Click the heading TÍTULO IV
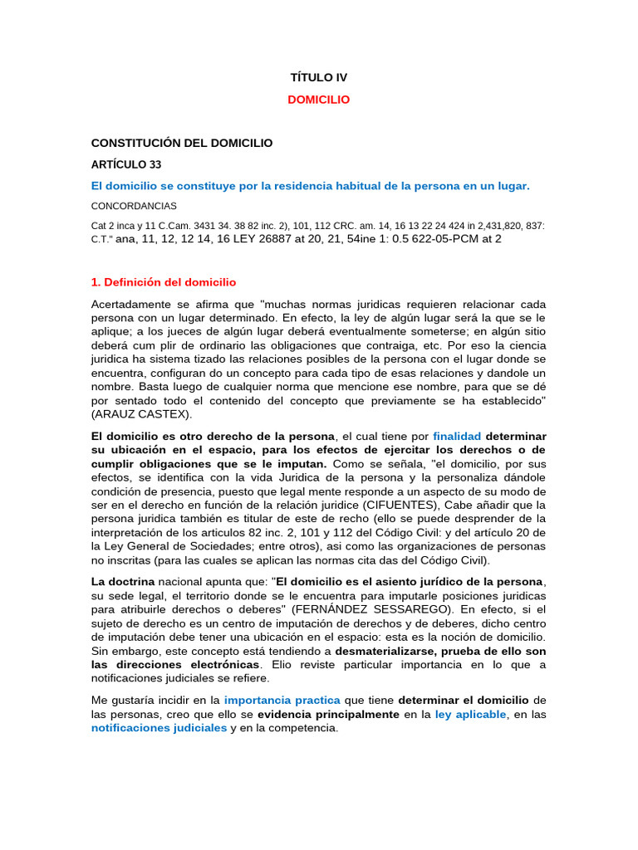tap(319, 77)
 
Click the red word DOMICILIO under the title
tap(319, 100)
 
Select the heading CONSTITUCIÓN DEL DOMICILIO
tap(181, 144)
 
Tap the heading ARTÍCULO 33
tap(126, 164)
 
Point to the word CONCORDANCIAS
tap(134, 206)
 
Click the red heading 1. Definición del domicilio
tap(164, 282)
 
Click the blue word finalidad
tap(457, 436)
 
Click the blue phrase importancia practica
tap(282, 700)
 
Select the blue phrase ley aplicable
tap(470, 714)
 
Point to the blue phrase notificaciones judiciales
tap(159, 728)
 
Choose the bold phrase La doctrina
tap(122, 581)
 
